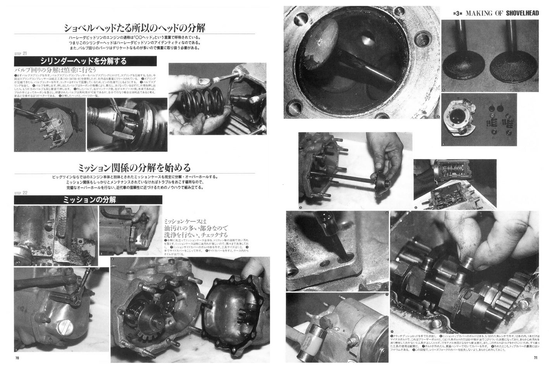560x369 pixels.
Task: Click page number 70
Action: pos(17,358)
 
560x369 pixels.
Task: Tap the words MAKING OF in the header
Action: pos(479,13)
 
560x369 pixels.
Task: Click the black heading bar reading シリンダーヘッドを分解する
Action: pos(85,61)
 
